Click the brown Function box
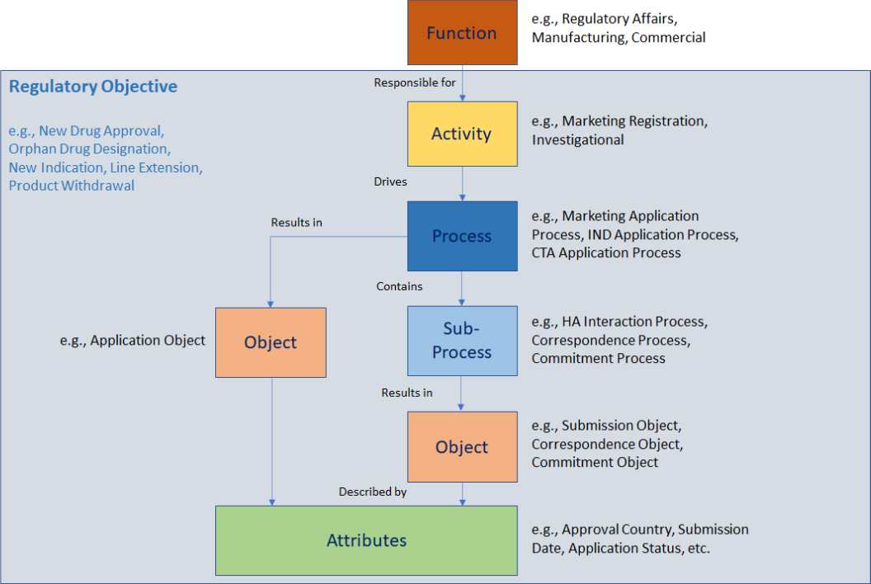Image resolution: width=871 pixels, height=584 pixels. tap(462, 33)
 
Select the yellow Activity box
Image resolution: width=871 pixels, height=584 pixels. tap(462, 134)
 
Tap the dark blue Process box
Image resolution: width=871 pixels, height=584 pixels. tap(462, 236)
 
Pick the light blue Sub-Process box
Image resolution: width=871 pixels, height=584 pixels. tap(462, 341)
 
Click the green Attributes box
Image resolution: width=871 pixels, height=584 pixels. tap(366, 540)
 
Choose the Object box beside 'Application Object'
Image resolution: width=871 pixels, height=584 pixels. tap(271, 342)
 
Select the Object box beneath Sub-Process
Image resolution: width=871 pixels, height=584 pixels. tap(462, 447)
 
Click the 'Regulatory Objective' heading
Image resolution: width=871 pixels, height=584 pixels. tap(92, 87)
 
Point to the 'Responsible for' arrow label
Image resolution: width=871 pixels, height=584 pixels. tap(415, 82)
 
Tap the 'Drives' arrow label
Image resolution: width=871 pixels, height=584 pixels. tap(390, 181)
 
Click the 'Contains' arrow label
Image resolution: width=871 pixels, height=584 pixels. tap(399, 286)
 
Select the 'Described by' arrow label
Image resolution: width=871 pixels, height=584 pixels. tap(373, 492)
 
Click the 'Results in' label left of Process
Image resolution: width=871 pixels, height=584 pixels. tap(296, 223)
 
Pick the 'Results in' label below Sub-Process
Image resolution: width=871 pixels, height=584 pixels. tap(407, 393)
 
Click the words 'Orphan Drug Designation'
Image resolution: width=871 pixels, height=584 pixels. tap(89, 149)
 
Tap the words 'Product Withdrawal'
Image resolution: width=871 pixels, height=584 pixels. tap(72, 186)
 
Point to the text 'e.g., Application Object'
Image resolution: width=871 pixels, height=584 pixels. tap(133, 340)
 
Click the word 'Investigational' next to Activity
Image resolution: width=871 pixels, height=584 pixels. tap(577, 140)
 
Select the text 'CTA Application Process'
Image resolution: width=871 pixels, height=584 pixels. tap(606, 253)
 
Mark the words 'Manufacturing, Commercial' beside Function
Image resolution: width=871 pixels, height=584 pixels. tap(619, 37)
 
